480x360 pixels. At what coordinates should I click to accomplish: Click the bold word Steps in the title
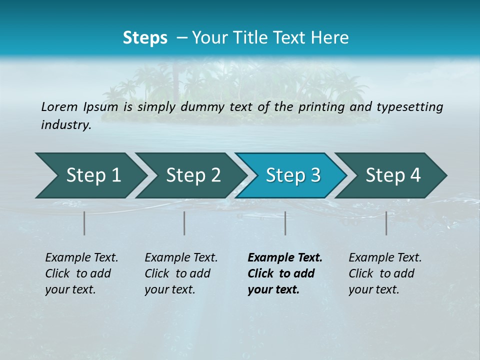point(145,38)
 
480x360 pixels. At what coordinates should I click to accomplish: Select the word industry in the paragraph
point(65,125)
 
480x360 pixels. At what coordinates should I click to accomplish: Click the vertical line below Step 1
point(84,223)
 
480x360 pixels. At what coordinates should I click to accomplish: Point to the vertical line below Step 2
point(184,223)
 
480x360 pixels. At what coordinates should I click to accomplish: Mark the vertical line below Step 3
point(285,223)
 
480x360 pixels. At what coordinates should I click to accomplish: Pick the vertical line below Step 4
point(386,223)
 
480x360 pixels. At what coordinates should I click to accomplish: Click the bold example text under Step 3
point(284,273)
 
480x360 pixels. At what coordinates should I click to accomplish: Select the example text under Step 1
point(81,273)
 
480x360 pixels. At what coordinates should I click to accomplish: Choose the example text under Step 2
point(181,273)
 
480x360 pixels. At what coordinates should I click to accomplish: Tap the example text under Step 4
point(385,273)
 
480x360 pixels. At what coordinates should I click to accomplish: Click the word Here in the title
point(334,38)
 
